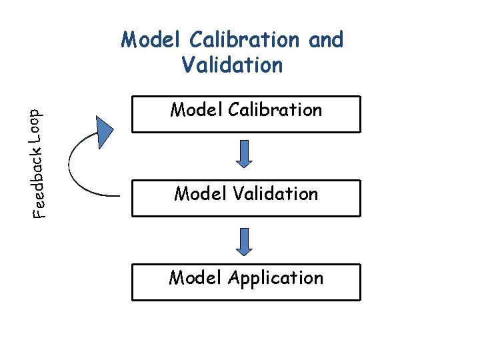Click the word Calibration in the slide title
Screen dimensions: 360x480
tap(246, 40)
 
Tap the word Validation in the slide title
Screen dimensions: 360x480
tap(232, 65)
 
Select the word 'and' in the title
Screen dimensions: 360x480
tap(326, 40)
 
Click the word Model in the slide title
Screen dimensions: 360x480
tap(153, 40)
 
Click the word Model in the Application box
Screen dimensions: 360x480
tap(195, 278)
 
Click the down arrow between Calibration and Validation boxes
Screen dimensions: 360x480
tap(245, 154)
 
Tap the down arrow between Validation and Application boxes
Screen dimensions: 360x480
tap(245, 241)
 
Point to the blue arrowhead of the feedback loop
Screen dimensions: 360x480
tap(105, 131)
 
